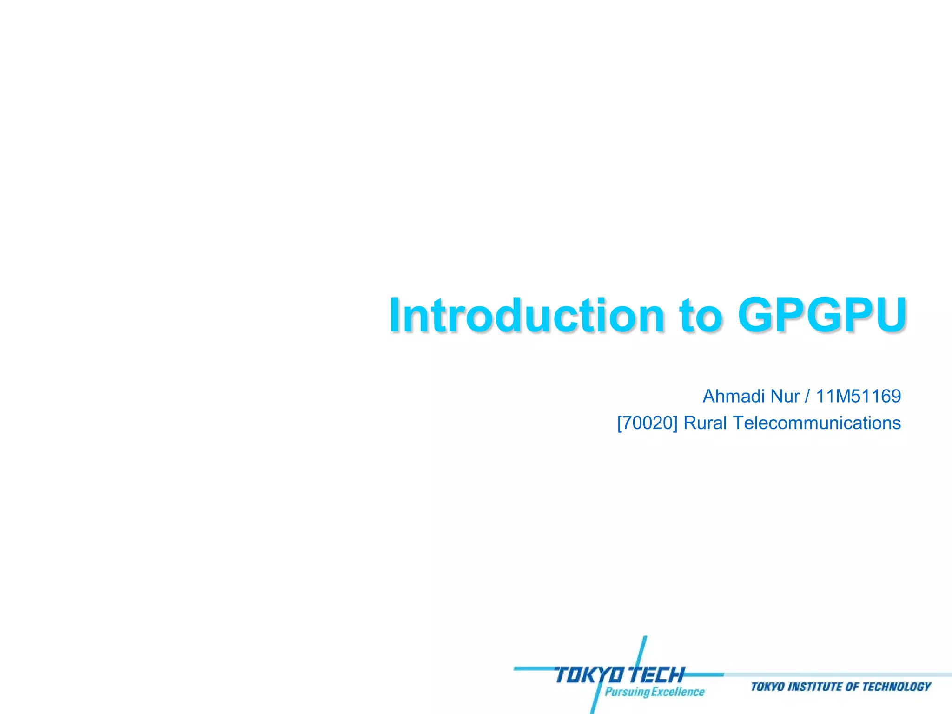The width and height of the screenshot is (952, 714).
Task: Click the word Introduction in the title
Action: pyautogui.click(x=526, y=316)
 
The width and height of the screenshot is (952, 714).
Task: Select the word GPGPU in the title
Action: pyautogui.click(x=822, y=316)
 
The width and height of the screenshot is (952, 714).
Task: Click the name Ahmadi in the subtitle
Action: pyautogui.click(x=733, y=397)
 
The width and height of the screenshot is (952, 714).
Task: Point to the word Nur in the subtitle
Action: pyautogui.click(x=785, y=397)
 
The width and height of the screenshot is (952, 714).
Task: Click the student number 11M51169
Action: pyautogui.click(x=858, y=397)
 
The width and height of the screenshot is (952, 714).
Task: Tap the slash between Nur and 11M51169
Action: pyautogui.click(x=807, y=397)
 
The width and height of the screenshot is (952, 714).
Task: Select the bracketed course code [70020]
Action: pyautogui.click(x=647, y=423)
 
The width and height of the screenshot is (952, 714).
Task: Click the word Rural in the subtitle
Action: pyautogui.click(x=705, y=423)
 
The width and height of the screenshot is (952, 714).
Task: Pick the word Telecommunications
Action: pyautogui.click(x=817, y=423)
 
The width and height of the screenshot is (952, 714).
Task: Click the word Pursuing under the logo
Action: pyautogui.click(x=627, y=692)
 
